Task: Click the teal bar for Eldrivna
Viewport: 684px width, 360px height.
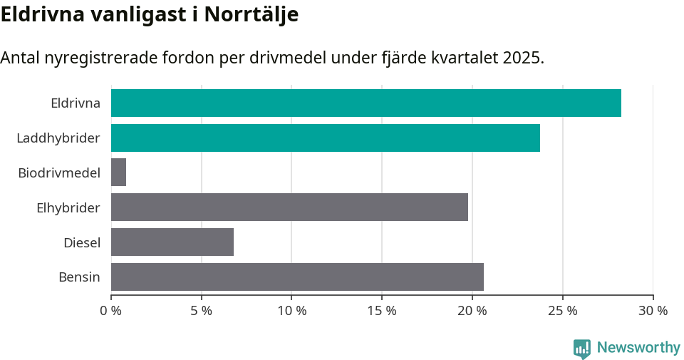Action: pyautogui.click(x=366, y=103)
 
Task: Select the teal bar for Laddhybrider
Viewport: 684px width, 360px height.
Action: pyautogui.click(x=325, y=138)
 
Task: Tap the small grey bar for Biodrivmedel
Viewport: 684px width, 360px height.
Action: pyautogui.click(x=118, y=173)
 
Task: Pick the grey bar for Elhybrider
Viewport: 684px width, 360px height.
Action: pyautogui.click(x=289, y=207)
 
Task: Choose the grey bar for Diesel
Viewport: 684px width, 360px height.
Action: pyautogui.click(x=172, y=242)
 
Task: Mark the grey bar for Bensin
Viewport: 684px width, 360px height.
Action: pyautogui.click(x=297, y=277)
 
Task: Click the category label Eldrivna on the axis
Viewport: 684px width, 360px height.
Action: pyautogui.click(x=75, y=103)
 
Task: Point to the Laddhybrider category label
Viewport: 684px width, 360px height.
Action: pyautogui.click(x=58, y=138)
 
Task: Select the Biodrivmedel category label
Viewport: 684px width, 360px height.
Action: pyautogui.click(x=58, y=173)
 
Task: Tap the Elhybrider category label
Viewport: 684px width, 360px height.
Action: pyautogui.click(x=68, y=207)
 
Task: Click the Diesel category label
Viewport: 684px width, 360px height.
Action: pyautogui.click(x=81, y=242)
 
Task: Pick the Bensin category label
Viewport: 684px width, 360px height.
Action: pyautogui.click(x=79, y=277)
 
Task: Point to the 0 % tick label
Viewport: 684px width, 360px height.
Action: pyautogui.click(x=111, y=311)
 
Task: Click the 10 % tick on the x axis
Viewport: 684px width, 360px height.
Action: pyautogui.click(x=291, y=311)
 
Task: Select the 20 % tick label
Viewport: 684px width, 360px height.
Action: pyautogui.click(x=472, y=311)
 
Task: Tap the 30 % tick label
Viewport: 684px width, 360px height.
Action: pyautogui.click(x=653, y=311)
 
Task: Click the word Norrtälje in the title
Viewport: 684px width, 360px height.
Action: pyautogui.click(x=251, y=15)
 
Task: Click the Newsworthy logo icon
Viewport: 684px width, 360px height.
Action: pyautogui.click(x=582, y=349)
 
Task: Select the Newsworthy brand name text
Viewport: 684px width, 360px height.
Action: pyautogui.click(x=638, y=348)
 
